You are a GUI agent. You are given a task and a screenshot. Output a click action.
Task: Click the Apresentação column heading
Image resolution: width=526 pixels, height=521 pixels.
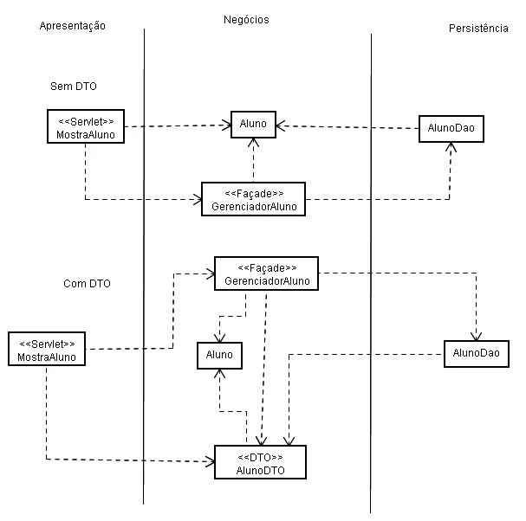pos(73,26)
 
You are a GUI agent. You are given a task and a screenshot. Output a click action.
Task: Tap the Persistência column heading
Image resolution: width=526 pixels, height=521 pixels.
pos(478,29)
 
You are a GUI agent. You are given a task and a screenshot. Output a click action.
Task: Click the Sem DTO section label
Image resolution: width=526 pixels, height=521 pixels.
pos(73,87)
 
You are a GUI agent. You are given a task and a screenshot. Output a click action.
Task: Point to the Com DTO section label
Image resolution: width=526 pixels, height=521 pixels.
pos(87,283)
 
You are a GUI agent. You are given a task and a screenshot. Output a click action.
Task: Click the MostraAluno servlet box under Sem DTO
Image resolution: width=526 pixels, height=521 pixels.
pos(85,126)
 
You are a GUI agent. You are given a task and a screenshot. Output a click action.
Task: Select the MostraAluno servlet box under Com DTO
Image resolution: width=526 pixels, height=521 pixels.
pos(47,349)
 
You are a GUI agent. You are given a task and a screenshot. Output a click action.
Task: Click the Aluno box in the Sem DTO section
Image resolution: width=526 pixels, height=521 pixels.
pos(253,125)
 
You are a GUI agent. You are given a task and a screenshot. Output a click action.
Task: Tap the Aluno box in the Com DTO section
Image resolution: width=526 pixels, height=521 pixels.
pos(218,355)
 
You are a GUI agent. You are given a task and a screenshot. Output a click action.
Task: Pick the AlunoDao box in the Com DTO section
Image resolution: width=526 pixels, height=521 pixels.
pos(476,354)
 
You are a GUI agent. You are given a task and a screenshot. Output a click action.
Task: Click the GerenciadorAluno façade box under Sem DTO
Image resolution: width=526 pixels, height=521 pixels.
pos(253,198)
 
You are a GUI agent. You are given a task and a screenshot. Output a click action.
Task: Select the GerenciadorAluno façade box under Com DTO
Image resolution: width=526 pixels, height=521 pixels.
pos(266,273)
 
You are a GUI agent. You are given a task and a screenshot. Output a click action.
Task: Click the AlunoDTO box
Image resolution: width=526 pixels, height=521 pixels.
pos(261,463)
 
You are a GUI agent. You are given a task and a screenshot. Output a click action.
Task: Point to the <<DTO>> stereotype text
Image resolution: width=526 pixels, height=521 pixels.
pos(261,456)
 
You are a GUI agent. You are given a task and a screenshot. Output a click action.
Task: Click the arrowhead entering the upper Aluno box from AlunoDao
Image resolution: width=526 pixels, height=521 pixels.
pos(281,126)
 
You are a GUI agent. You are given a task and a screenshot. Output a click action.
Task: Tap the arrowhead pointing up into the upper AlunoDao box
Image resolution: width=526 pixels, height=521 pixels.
pos(451,146)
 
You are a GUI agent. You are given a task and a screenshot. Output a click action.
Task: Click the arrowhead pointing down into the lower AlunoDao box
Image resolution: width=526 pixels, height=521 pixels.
pos(476,337)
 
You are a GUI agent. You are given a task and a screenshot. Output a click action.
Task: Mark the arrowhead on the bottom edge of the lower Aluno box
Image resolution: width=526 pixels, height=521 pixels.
pos(222,374)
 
